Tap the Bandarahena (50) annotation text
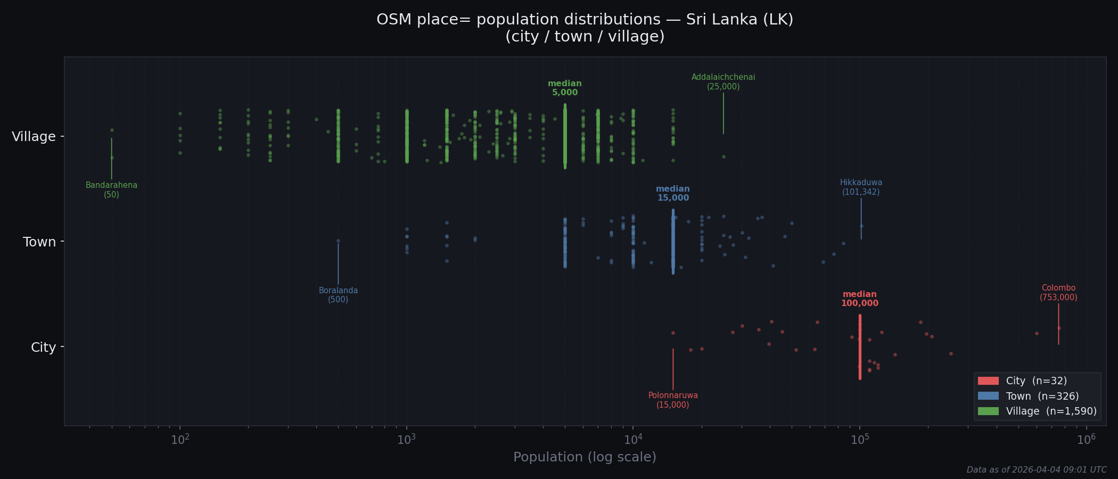coord(111,190)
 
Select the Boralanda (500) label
coord(338,295)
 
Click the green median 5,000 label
coord(565,88)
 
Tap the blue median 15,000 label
coord(673,193)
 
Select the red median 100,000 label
coord(860,299)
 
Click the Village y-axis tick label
coord(34,137)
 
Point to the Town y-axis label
coord(39,242)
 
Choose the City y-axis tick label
coord(43,348)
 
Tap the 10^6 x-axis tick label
coord(1086,440)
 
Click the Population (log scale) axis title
coord(585,457)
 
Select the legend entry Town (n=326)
coord(1042,396)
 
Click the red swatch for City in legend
coord(988,381)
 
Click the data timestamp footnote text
coord(1037,470)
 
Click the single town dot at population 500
coord(338,241)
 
